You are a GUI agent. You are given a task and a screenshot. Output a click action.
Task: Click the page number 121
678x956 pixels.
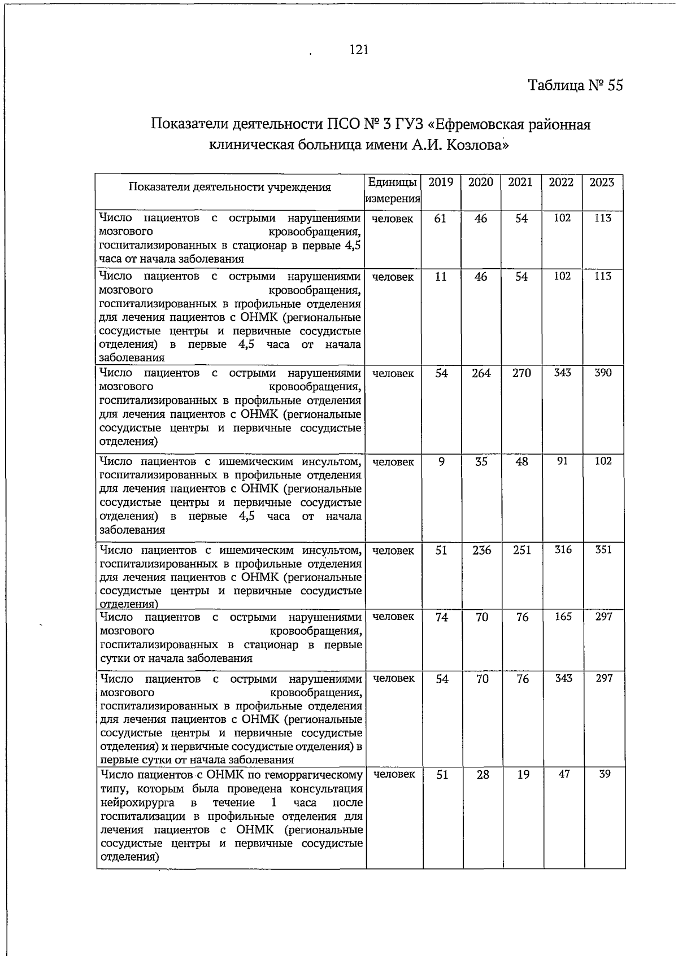(x=359, y=50)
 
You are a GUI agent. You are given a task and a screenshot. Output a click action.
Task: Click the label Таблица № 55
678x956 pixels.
(x=575, y=85)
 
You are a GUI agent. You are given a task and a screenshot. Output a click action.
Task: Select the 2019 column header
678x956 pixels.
(x=441, y=182)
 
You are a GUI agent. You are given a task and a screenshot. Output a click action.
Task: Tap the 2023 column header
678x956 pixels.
(x=602, y=182)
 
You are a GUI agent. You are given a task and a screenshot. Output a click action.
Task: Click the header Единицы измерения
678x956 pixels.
(x=393, y=190)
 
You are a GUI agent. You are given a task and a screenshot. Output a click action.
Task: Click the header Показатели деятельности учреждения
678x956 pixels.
(x=229, y=187)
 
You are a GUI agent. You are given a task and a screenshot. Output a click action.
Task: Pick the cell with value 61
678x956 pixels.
(x=440, y=219)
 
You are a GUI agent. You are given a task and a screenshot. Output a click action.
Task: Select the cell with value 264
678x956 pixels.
(x=481, y=373)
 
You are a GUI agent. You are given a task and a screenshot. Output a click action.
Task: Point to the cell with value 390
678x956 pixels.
(x=603, y=373)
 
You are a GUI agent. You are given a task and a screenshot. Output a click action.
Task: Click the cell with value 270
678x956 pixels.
(x=521, y=373)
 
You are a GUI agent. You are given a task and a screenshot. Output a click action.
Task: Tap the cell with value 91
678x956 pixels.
(x=563, y=461)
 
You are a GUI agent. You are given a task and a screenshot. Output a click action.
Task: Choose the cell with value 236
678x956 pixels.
(x=482, y=550)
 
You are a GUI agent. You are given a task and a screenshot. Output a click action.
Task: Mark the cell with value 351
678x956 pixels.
(x=603, y=549)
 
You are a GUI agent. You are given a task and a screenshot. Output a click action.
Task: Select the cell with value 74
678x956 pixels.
(x=442, y=617)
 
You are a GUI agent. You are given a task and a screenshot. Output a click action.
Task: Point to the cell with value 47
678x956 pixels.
(x=564, y=774)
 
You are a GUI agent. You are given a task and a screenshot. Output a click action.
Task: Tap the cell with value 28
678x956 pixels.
(x=483, y=775)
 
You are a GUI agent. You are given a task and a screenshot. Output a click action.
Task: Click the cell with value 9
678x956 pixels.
(x=441, y=461)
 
